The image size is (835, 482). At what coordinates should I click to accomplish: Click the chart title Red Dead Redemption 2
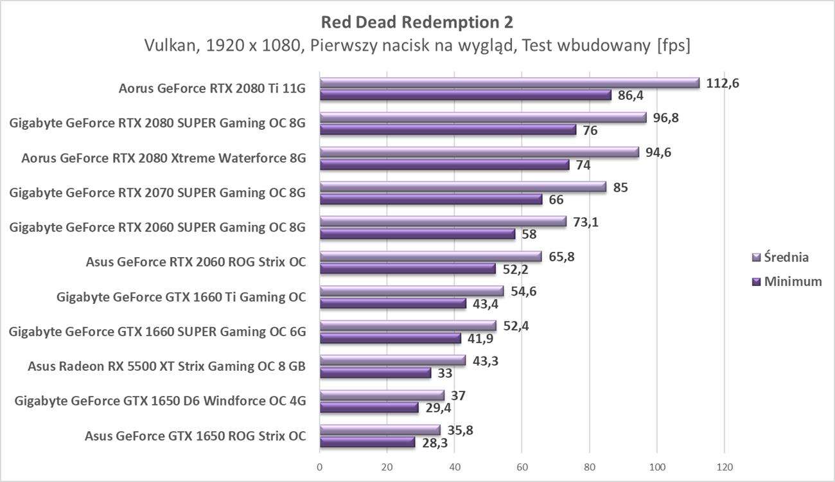coord(417,22)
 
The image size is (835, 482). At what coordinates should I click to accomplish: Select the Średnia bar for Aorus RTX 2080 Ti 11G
coord(509,83)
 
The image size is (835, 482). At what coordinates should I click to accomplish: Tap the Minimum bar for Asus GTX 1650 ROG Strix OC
coord(367,442)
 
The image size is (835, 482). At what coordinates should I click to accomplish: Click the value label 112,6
coord(723,83)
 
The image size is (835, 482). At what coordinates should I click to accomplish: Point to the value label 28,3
coord(437,442)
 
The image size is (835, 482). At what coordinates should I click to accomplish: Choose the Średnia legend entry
coord(781,257)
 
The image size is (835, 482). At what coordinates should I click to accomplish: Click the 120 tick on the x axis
coord(724,467)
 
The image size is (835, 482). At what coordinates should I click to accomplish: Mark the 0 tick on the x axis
coord(320,467)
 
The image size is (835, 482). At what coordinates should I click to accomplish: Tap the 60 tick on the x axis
coord(522,467)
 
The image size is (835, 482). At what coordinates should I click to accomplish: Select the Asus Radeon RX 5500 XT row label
coord(166,366)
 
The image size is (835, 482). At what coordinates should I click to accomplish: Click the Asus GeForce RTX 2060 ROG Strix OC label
coord(195,262)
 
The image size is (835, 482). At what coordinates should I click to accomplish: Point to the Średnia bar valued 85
coord(462,187)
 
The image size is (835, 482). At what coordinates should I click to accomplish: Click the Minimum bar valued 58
coord(417,234)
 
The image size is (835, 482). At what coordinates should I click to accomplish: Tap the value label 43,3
coord(486,361)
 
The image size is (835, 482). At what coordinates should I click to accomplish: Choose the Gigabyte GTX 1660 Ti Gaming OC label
coord(181,297)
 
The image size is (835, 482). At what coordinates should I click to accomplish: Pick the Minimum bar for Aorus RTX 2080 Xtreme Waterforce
coord(444,165)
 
